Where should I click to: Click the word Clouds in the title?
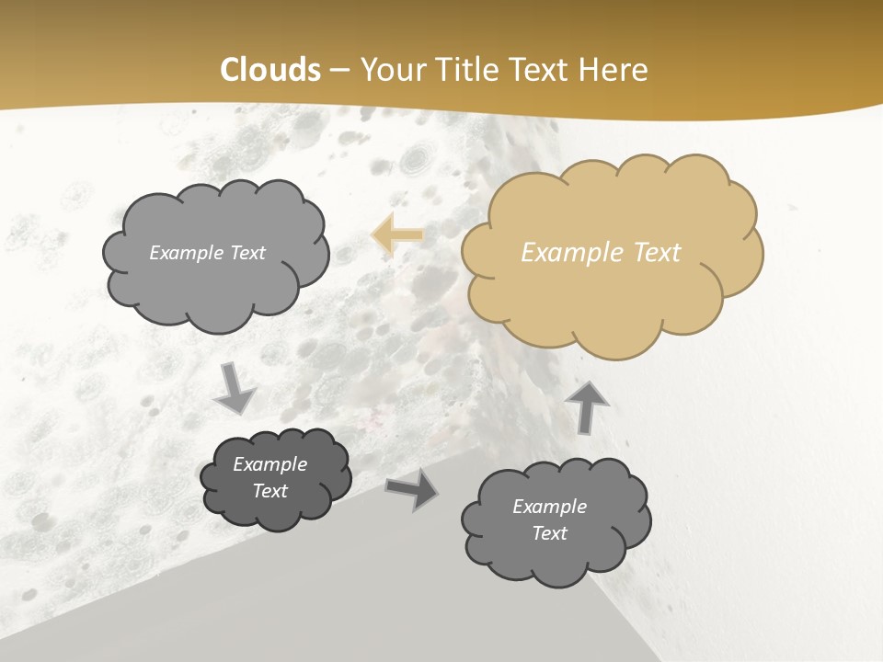pyautogui.click(x=270, y=70)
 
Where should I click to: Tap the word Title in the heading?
pyautogui.click(x=469, y=70)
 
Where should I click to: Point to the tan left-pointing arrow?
pyautogui.click(x=397, y=234)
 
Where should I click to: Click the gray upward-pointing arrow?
pyautogui.click(x=588, y=405)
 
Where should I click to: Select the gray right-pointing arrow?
pyautogui.click(x=412, y=491)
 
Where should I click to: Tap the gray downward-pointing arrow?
pyautogui.click(x=235, y=388)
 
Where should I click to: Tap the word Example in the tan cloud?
pyautogui.click(x=563, y=253)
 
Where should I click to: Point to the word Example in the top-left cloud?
pyautogui.click(x=184, y=253)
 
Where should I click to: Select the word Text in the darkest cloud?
pyautogui.click(x=269, y=491)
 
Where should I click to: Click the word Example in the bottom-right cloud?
pyautogui.click(x=549, y=507)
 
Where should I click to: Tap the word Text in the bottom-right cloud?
pyautogui.click(x=549, y=533)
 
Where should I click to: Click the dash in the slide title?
pyautogui.click(x=339, y=70)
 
